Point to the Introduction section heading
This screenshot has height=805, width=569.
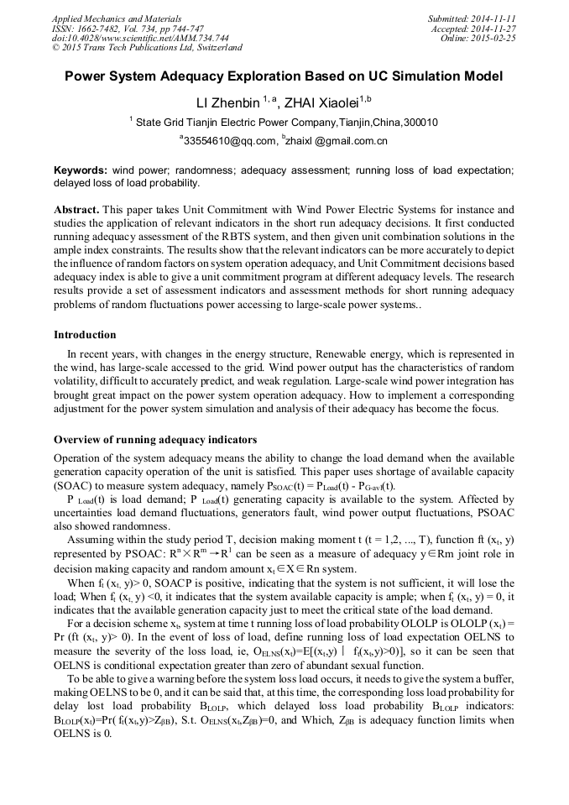click(x=85, y=335)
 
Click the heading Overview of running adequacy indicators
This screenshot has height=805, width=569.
click(x=155, y=440)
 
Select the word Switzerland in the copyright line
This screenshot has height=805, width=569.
click(x=216, y=48)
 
